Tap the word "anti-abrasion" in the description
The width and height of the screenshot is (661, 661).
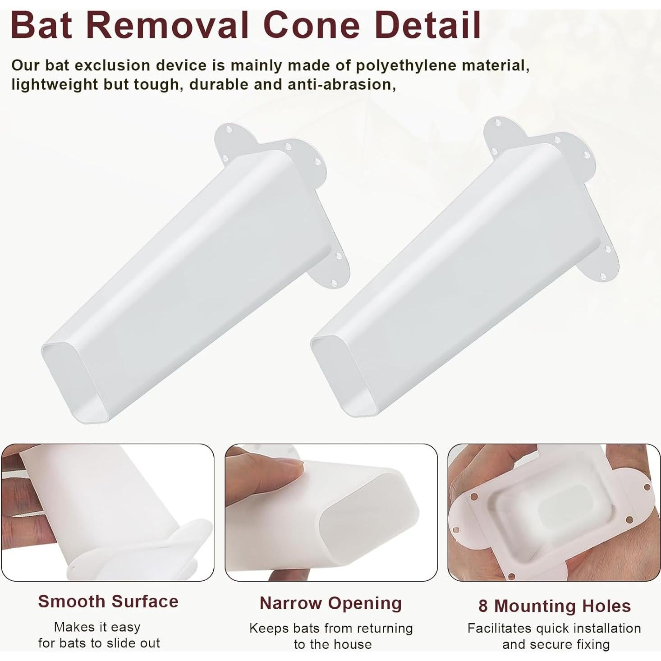(x=342, y=84)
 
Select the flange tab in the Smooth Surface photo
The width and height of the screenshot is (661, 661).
(x=144, y=549)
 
